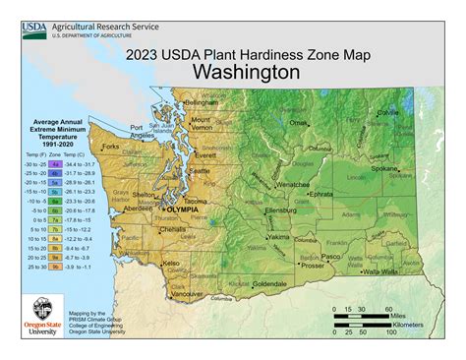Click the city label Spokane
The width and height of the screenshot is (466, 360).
383,169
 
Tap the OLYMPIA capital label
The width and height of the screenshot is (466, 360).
180,210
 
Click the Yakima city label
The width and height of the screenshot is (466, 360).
279,237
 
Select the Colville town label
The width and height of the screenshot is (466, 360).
388,113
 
